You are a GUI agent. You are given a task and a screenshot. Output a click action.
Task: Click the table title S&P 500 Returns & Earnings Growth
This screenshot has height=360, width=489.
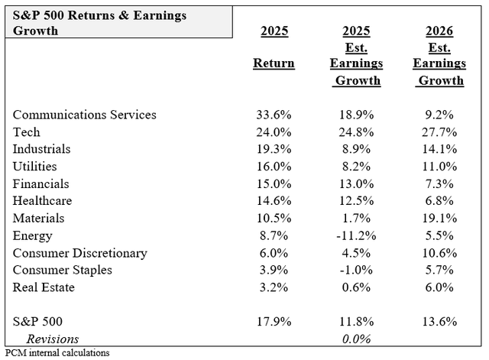[100, 23]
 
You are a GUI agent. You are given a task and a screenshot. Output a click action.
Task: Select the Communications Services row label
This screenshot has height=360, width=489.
[85, 115]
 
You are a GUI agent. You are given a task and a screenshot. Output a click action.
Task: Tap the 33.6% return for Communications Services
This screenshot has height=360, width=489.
[274, 115]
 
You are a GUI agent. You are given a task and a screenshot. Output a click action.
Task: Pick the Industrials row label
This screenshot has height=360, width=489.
[42, 149]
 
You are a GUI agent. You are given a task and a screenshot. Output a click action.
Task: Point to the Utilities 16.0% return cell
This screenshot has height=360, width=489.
[274, 167]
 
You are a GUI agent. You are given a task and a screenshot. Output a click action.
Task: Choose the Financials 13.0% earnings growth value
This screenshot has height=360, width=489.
[356, 184]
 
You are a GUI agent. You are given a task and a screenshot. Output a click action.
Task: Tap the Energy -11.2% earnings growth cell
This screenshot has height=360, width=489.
[356, 236]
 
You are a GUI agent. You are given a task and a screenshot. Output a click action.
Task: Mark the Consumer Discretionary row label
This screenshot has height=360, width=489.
[80, 253]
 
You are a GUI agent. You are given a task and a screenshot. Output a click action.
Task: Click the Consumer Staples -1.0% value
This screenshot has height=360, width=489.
[356, 271]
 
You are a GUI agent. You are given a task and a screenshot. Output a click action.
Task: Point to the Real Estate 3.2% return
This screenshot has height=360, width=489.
[274, 287]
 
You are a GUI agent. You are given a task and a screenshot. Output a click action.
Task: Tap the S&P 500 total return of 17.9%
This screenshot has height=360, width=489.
[274, 322]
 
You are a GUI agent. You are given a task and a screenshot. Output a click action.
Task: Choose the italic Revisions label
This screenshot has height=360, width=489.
[53, 339]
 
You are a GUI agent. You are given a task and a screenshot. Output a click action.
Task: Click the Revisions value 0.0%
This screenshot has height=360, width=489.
[356, 339]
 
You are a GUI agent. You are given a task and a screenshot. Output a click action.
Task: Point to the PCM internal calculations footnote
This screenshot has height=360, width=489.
[57, 353]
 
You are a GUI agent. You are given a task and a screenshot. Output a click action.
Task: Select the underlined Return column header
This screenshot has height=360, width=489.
[274, 63]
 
